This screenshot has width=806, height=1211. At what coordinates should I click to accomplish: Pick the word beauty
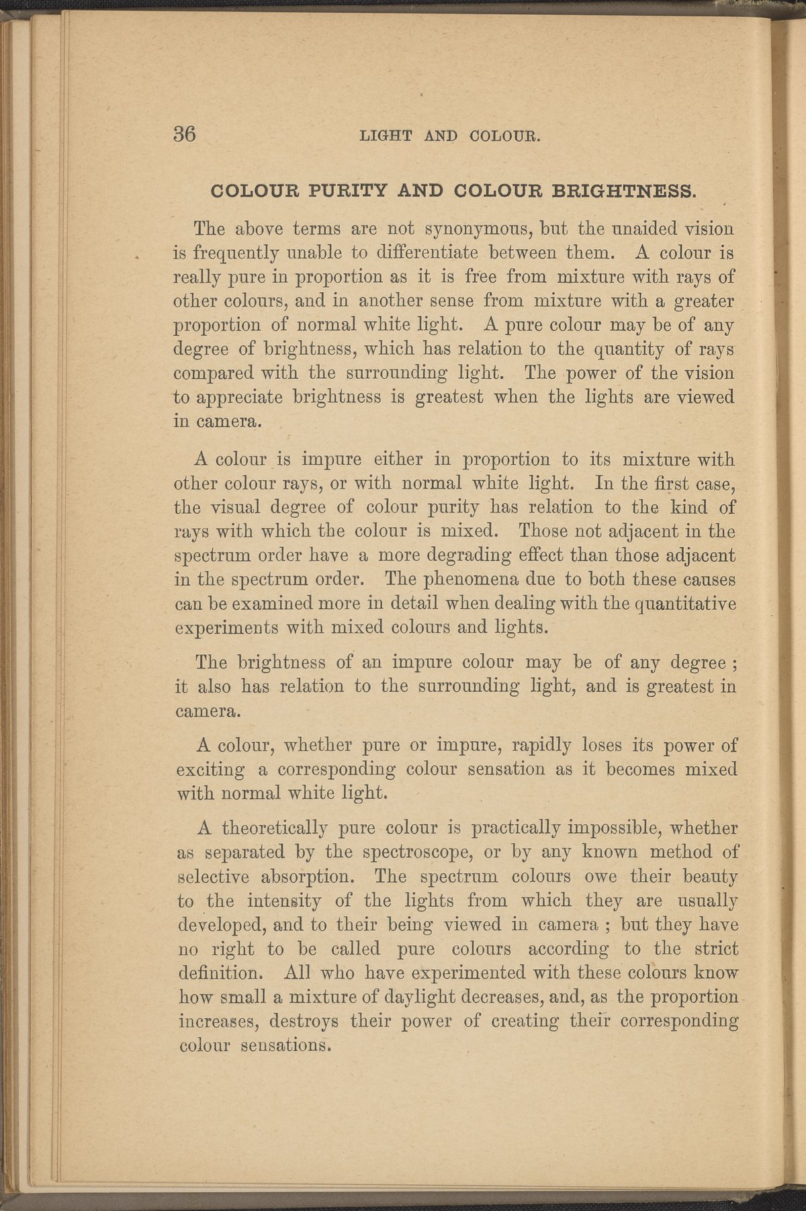pos(705,877)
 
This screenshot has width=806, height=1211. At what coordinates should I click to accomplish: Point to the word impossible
pos(613,827)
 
